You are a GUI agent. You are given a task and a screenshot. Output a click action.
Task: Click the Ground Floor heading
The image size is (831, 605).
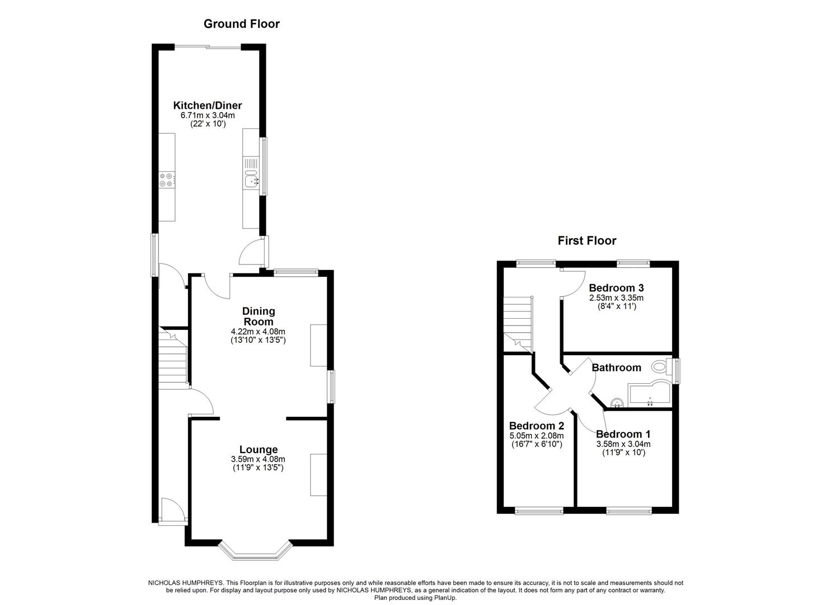click(241, 24)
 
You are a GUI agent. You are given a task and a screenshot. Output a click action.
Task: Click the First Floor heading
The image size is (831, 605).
click(586, 241)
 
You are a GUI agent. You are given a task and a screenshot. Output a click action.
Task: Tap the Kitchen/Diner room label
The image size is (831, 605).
click(207, 105)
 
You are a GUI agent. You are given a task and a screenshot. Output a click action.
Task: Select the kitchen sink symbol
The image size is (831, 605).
click(251, 180)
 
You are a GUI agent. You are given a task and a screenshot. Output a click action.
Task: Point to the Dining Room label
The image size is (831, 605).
click(258, 316)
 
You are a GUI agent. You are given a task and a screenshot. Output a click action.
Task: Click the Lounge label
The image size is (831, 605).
click(258, 449)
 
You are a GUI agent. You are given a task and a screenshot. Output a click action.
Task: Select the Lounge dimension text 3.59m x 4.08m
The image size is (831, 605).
click(258, 459)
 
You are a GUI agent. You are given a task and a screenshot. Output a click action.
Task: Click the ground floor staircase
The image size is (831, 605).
click(172, 359)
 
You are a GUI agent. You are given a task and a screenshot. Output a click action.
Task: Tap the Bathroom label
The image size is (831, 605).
click(616, 367)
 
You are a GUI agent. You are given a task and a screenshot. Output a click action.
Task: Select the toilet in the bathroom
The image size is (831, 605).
click(661, 367)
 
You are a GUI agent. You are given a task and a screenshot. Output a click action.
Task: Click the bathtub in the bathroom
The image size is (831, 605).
click(649, 395)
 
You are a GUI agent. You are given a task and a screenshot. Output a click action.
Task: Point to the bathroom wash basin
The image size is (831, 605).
click(617, 402)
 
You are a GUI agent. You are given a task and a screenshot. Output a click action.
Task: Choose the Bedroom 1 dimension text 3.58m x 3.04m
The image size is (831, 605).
click(623, 444)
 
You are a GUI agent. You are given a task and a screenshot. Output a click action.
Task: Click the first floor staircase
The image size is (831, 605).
click(517, 325)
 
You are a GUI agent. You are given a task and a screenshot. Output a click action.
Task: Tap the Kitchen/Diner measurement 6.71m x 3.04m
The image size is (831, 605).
click(207, 115)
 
